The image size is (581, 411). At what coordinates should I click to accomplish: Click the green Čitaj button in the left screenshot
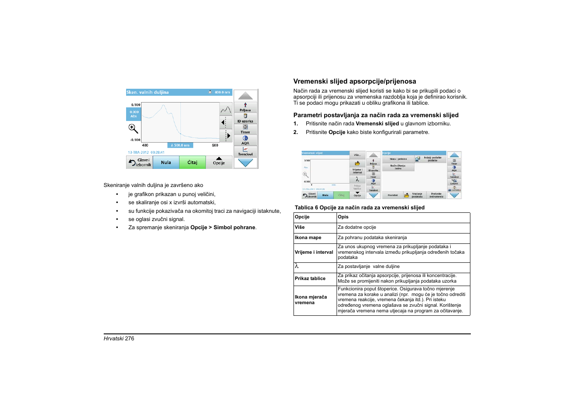tap(192, 162)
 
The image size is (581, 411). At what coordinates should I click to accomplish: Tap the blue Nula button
tap(166, 162)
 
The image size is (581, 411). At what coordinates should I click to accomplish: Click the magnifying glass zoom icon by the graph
tap(133, 128)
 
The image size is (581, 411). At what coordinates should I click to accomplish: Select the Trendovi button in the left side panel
tap(245, 151)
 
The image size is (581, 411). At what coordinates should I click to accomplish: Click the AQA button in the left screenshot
tap(245, 140)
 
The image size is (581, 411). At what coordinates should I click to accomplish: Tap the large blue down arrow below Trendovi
tap(245, 163)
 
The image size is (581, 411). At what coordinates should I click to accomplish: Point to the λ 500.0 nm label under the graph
tap(180, 145)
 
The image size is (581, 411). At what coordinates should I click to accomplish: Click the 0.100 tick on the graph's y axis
tap(136, 105)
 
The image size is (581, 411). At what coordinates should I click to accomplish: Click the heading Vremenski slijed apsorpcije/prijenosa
tap(355, 81)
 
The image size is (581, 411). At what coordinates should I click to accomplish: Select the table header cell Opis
tap(343, 217)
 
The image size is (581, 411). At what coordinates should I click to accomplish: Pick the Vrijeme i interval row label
tap(314, 252)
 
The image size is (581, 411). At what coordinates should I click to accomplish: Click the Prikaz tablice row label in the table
tap(310, 279)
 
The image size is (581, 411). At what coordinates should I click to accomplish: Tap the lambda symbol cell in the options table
tap(297, 266)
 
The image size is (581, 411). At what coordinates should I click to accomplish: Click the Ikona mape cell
tap(308, 238)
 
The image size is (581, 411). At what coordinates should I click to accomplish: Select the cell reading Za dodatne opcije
tap(357, 227)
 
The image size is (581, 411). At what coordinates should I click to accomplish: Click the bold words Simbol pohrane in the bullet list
tap(235, 227)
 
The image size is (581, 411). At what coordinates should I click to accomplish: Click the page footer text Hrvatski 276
tap(119, 339)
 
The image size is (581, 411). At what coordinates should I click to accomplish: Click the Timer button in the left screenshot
tap(245, 129)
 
